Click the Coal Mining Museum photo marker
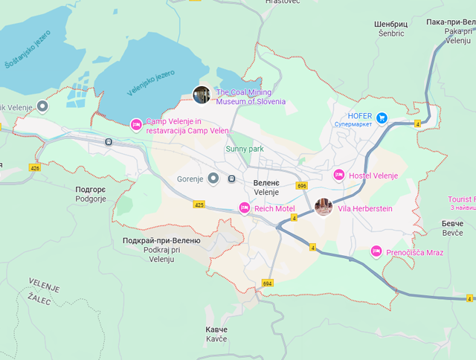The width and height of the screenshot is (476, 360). (x=202, y=94)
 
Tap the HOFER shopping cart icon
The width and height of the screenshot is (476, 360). (x=382, y=117)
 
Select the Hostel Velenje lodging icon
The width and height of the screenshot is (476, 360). (x=338, y=176)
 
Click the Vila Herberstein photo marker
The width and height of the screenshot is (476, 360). (x=324, y=208)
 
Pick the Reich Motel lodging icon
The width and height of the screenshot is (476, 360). (x=244, y=208)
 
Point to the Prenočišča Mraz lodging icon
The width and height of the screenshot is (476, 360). (x=376, y=252)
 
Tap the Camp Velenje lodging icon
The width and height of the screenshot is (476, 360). (x=136, y=124)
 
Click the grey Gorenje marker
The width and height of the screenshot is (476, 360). (x=213, y=179)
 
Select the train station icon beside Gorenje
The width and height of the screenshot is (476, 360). (x=232, y=179)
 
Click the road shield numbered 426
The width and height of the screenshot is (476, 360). (x=35, y=168)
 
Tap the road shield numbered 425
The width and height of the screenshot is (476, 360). (x=199, y=203)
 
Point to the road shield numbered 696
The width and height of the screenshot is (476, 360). (x=301, y=185)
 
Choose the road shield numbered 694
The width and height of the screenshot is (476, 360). (x=268, y=283)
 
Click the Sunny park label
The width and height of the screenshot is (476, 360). (x=245, y=149)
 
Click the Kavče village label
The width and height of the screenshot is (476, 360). (x=217, y=334)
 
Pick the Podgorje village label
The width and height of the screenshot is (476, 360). (x=91, y=194)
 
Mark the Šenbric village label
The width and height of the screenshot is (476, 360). (x=390, y=28)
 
